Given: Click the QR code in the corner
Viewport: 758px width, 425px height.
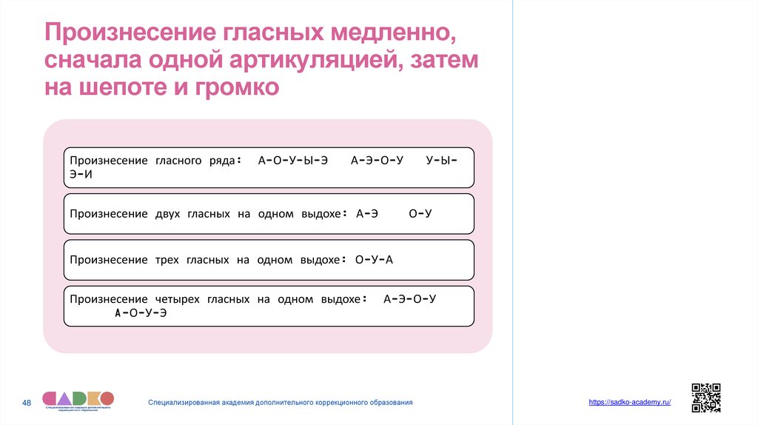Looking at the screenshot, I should pyautogui.click(x=705, y=398).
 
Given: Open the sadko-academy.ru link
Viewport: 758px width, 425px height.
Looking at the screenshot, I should pyautogui.click(x=630, y=401).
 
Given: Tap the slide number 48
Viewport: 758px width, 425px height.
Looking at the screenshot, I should pyautogui.click(x=27, y=402).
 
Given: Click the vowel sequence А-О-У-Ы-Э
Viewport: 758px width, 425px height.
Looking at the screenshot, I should pyautogui.click(x=293, y=160).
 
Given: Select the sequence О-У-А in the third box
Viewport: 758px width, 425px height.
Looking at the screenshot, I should pyautogui.click(x=374, y=260).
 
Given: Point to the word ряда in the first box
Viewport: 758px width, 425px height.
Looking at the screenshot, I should pyautogui.click(x=223, y=160).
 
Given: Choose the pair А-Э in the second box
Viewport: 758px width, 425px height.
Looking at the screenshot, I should pyautogui.click(x=367, y=214).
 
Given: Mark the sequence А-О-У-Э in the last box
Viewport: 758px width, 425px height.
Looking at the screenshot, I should pyautogui.click(x=141, y=313).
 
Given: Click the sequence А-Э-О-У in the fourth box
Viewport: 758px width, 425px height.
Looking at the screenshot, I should pyautogui.click(x=410, y=299).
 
